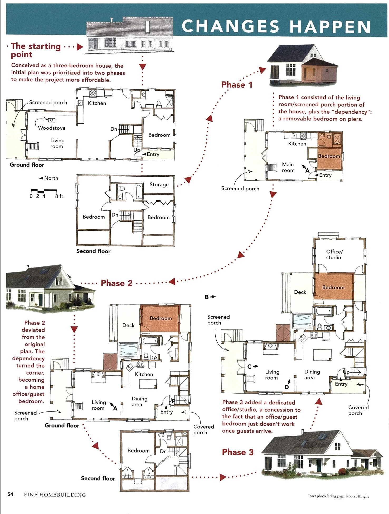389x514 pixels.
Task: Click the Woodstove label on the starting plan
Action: coord(52,128)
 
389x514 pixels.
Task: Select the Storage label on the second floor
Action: coord(159,185)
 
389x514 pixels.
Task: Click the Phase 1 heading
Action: coord(237,85)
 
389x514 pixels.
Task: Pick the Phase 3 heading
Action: coord(238,452)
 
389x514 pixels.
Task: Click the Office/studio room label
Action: coord(334,255)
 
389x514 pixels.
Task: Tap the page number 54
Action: coord(10,494)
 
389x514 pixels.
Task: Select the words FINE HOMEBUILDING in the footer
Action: coord(55,495)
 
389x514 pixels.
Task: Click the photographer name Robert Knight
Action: coord(357,496)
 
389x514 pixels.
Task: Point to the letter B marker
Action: coord(207,297)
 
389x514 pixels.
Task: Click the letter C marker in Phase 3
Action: coord(249,367)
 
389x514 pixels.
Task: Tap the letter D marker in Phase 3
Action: coord(286,387)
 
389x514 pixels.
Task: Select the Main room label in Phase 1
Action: coord(288,167)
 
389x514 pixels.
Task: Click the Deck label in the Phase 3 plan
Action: coord(300,292)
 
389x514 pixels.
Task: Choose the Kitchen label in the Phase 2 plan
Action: coord(144,374)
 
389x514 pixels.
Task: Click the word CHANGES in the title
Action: coord(231,26)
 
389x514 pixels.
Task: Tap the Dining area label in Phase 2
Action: coord(139,401)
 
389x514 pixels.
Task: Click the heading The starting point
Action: coord(36,50)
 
